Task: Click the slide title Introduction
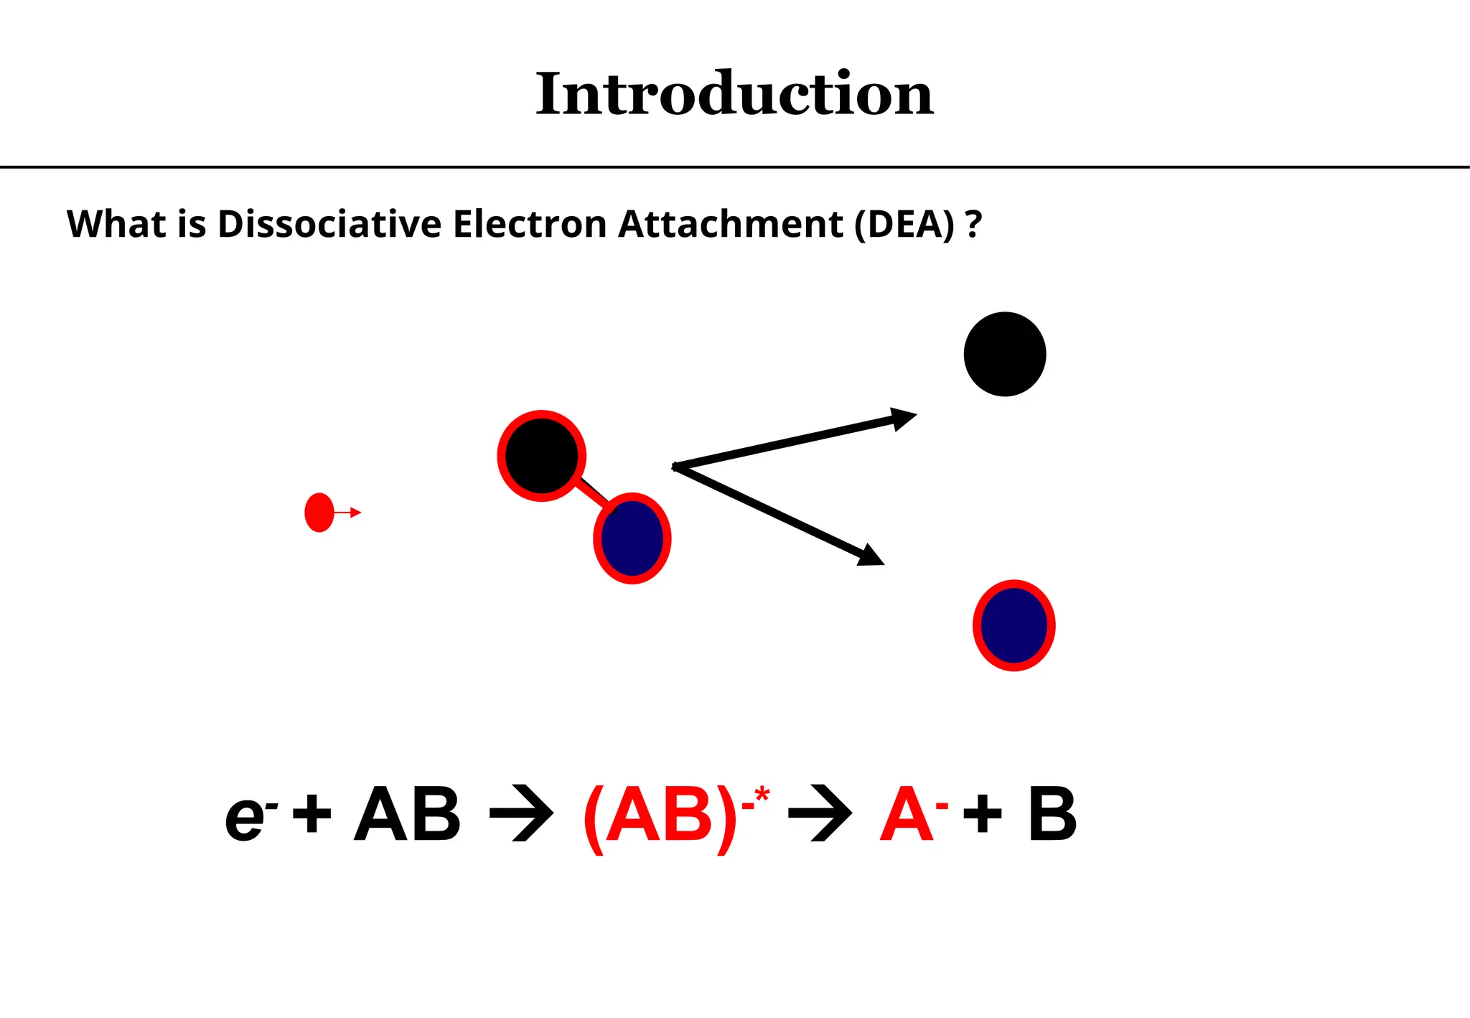pyautogui.click(x=734, y=94)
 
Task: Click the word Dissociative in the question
pyautogui.click(x=329, y=224)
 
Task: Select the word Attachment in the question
pyautogui.click(x=730, y=224)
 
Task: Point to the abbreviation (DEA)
pyautogui.click(x=904, y=224)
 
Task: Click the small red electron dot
pyautogui.click(x=319, y=513)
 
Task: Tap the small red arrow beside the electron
pyautogui.click(x=349, y=513)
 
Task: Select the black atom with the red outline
pyautogui.click(x=541, y=456)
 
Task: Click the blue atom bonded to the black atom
pyautogui.click(x=632, y=538)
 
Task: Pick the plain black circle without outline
pyautogui.click(x=1005, y=354)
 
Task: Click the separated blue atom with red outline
pyautogui.click(x=1013, y=625)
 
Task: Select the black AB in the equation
pyautogui.click(x=407, y=815)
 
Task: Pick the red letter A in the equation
pyautogui.click(x=907, y=815)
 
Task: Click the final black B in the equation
pyautogui.click(x=1052, y=815)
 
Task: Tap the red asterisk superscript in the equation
pyautogui.click(x=762, y=795)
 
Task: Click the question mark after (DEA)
pyautogui.click(x=973, y=224)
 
